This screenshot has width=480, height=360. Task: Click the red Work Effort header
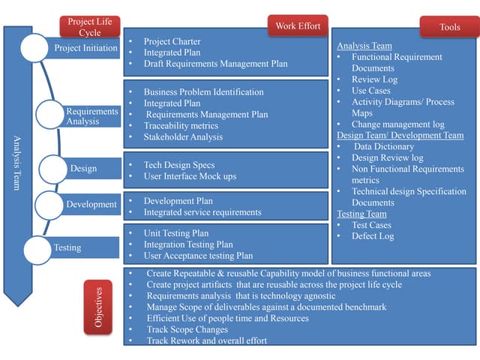tap(298, 26)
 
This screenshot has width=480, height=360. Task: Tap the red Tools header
tap(450, 27)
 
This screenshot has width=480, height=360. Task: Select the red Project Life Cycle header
tap(90, 27)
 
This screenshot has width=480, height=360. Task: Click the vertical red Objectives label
tap(98, 307)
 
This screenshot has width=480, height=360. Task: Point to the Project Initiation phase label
tap(86, 48)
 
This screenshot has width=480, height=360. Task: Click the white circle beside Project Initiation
tap(34, 48)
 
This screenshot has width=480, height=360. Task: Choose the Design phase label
tap(83, 169)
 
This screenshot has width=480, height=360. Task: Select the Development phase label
tap(91, 204)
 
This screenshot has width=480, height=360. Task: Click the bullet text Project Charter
tap(172, 42)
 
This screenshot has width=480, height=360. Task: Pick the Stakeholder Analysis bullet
tap(184, 137)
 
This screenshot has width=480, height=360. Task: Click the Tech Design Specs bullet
tap(178, 165)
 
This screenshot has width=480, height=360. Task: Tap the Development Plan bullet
tap(178, 201)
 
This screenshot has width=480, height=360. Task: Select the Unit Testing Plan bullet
tap(176, 233)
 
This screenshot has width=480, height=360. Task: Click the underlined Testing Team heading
tap(361, 214)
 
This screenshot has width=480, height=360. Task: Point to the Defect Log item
tap(372, 236)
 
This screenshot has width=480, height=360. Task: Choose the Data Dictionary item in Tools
tap(383, 147)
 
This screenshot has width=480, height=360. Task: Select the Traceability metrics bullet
tap(181, 126)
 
